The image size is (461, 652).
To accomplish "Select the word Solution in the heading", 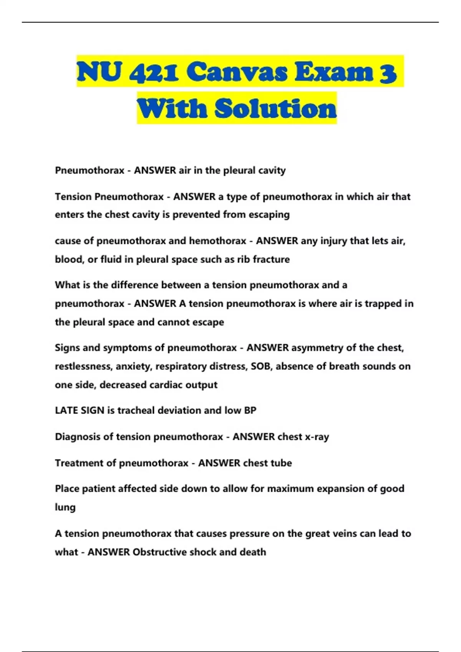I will click(275, 109).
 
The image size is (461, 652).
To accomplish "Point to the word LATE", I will click(66, 410).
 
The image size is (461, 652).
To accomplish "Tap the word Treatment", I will click(80, 463).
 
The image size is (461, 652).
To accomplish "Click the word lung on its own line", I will click(65, 507).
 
